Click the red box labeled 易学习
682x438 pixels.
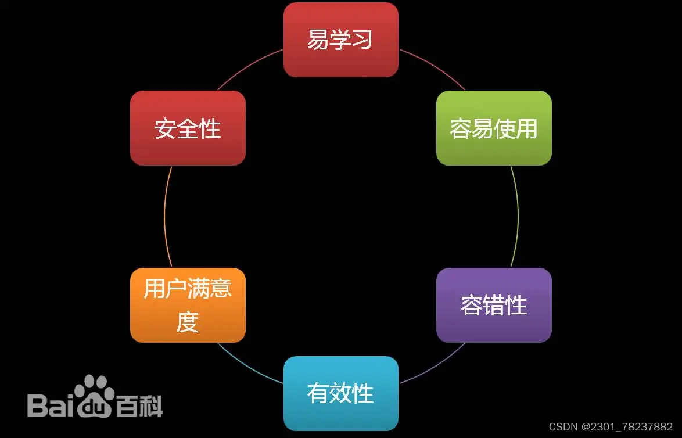340,40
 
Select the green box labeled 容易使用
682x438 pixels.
494,128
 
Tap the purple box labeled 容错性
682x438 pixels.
494,305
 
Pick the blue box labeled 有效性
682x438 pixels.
340,393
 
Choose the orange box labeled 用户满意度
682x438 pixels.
188,305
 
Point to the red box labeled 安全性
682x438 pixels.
188,128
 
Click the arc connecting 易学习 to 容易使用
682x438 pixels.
433,68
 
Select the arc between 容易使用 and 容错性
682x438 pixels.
518,216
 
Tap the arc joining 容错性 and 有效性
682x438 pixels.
433,365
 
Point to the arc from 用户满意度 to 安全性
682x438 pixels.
164,216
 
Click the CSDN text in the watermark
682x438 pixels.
561,427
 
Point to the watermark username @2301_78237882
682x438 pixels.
627,427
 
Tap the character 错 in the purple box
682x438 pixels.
494,305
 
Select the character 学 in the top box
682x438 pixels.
340,40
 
